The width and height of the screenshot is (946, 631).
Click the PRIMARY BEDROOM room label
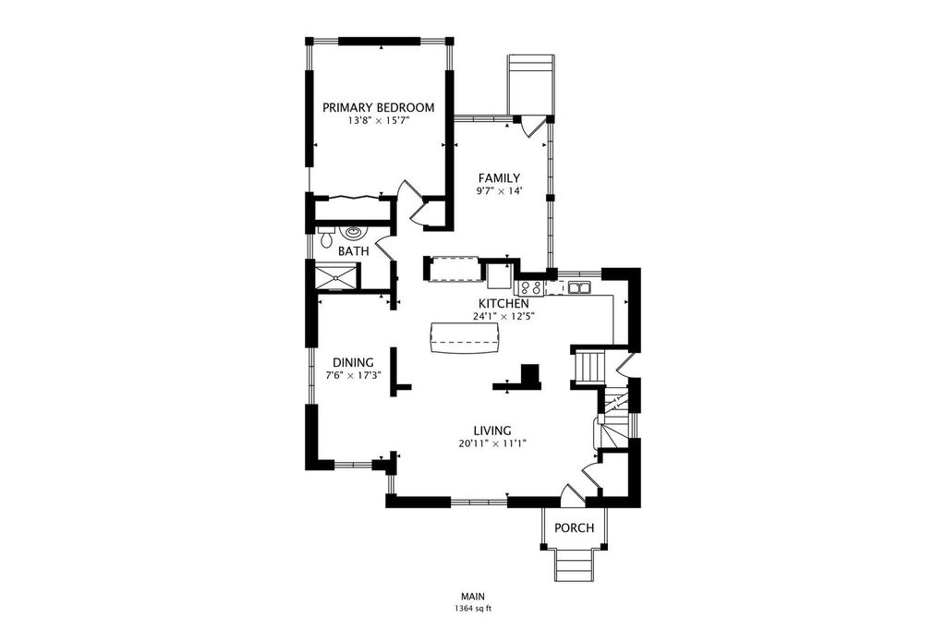[x=378, y=108]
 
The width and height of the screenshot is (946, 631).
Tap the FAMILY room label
[x=499, y=178]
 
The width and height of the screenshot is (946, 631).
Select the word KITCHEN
[x=503, y=304]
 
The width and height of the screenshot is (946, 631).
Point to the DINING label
[x=354, y=362]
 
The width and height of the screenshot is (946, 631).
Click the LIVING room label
[x=492, y=431]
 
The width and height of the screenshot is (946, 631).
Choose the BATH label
[x=354, y=251]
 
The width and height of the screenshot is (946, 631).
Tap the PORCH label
[x=575, y=528]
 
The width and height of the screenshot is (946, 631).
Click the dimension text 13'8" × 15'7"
[x=378, y=121]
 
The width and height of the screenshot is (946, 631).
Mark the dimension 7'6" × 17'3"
[x=354, y=374]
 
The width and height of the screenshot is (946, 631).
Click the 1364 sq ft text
[x=474, y=609]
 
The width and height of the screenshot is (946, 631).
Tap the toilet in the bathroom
[x=326, y=237]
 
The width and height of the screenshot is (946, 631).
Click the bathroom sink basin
[x=352, y=232]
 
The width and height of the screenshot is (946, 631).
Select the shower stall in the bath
[x=337, y=279]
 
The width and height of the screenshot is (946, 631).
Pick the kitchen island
[x=466, y=339]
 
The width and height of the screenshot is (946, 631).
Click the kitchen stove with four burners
[x=529, y=287]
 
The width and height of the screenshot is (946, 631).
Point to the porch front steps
[x=574, y=565]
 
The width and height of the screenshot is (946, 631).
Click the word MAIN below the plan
[x=474, y=597]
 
